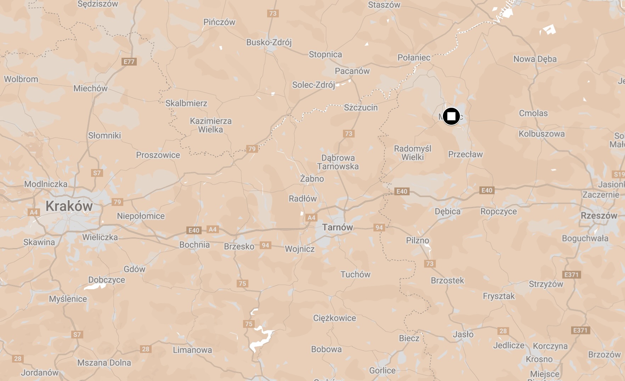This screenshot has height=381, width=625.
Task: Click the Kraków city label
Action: [69, 206]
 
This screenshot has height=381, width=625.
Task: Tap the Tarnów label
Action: [337, 227]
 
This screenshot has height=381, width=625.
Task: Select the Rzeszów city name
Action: [599, 215]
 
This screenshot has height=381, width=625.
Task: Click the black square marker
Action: [451, 116]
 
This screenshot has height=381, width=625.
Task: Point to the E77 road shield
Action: [129, 62]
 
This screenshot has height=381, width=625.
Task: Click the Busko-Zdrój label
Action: [269, 42]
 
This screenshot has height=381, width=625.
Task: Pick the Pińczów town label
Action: [219, 22]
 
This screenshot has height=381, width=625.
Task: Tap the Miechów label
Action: [90, 88]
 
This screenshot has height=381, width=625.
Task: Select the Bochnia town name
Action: [195, 245]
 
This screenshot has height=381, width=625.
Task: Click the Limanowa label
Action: [192, 350]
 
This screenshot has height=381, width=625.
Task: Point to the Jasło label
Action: [463, 334]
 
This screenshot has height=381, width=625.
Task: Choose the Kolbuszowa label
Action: [542, 134]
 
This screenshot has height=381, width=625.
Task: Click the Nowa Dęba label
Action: [535, 59]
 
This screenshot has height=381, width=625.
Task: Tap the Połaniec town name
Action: [414, 57]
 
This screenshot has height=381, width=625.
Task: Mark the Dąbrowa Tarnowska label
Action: [338, 162]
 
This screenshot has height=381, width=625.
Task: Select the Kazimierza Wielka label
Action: [211, 125]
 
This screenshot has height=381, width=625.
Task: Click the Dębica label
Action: [447, 211]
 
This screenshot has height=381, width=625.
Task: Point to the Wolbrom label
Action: [21, 79]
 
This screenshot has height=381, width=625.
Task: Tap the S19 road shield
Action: [619, 174]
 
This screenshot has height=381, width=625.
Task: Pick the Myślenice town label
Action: [68, 299]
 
